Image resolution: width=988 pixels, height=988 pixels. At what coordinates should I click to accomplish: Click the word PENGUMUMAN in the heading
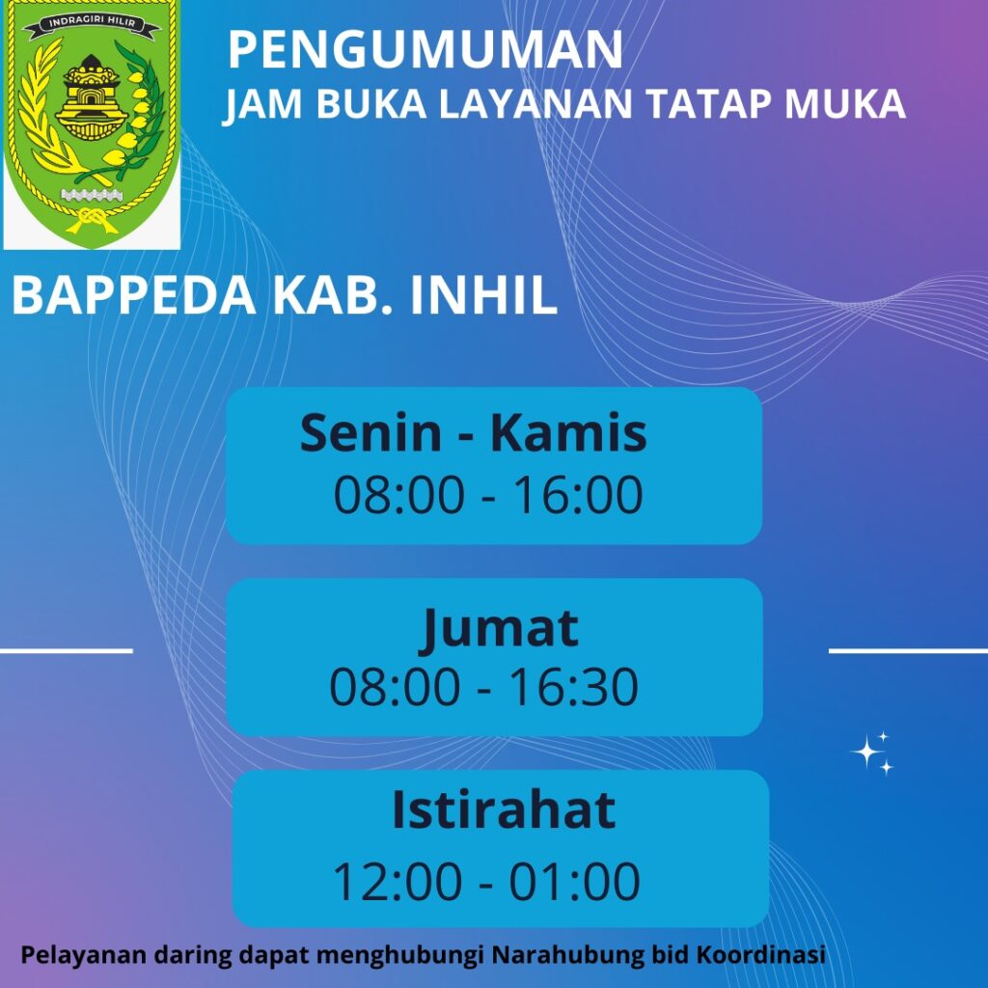click(x=425, y=49)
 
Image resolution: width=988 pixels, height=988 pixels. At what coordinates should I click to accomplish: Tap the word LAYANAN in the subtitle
click(x=535, y=103)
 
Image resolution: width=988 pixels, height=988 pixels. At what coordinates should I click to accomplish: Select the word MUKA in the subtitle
click(x=845, y=103)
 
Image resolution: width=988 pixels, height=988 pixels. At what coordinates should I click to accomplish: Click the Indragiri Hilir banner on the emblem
click(x=91, y=23)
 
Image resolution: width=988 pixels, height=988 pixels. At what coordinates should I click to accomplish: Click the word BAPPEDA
click(x=134, y=295)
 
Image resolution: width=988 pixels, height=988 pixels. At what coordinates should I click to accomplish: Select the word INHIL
click(x=484, y=295)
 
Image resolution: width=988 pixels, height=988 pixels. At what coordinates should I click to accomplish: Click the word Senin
click(x=370, y=433)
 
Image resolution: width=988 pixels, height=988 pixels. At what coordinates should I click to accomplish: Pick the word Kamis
click(x=568, y=433)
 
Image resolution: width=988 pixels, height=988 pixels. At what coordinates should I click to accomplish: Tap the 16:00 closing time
click(x=579, y=495)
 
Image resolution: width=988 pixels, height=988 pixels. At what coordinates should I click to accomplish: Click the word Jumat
click(x=499, y=628)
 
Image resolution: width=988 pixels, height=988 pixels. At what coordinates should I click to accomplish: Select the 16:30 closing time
click(x=573, y=686)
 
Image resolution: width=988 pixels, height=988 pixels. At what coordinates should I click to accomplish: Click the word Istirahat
click(x=504, y=810)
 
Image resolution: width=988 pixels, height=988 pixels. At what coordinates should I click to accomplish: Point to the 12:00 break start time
click(x=397, y=881)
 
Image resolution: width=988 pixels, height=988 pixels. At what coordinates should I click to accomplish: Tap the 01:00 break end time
click(x=575, y=881)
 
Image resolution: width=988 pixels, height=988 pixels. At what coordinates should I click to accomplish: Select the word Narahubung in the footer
click(x=567, y=954)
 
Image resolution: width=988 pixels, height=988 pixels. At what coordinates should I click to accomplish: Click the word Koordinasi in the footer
click(x=760, y=954)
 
